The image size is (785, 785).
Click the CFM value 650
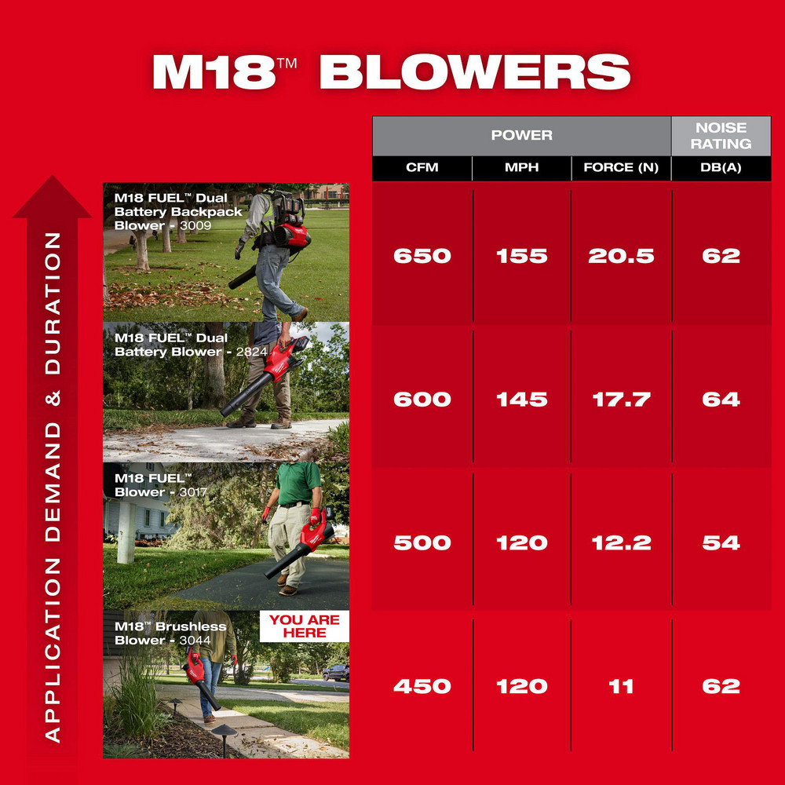422,256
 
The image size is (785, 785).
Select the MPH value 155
521,256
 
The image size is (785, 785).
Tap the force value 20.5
621,256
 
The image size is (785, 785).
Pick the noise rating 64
721,400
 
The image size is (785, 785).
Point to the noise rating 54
721,542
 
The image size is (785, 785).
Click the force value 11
621,686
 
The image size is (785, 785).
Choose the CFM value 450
422,686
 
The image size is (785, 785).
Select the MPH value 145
521,400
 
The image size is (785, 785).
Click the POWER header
521,135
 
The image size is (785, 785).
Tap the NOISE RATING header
721,135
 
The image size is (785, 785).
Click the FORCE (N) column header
621,167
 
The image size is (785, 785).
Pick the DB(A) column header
721,167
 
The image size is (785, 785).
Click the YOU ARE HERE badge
305,626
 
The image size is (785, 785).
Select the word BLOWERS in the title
475,72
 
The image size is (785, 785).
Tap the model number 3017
193,492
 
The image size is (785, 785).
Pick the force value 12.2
621,542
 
